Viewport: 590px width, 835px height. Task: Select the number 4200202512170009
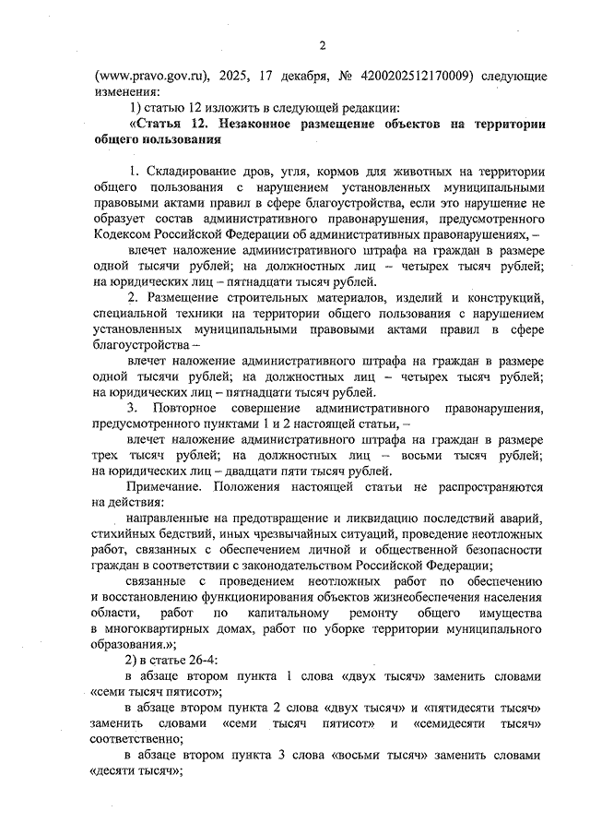pos(408,75)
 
